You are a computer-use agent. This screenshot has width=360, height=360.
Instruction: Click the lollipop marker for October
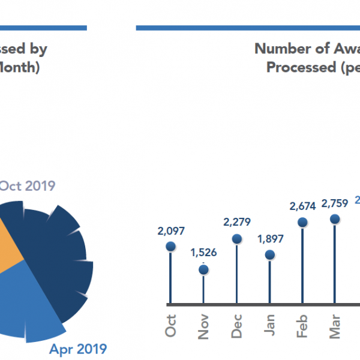pyautogui.click(x=170, y=246)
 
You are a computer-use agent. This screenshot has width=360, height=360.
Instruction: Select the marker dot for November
pyautogui.click(x=203, y=269)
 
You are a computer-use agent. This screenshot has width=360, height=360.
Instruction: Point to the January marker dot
pyautogui.click(x=270, y=255)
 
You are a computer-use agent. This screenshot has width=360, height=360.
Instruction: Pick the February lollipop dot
pyautogui.click(x=303, y=223)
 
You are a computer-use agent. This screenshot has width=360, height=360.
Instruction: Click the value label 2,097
pyautogui.click(x=170, y=230)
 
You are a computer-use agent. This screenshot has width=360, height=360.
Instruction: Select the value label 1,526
pyautogui.click(x=203, y=253)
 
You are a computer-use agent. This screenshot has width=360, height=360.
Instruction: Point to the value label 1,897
pyautogui.click(x=270, y=239)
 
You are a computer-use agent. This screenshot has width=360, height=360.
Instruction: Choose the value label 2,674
pyautogui.click(x=303, y=206)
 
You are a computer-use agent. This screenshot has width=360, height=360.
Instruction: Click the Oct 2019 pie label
pyautogui.click(x=27, y=185)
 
